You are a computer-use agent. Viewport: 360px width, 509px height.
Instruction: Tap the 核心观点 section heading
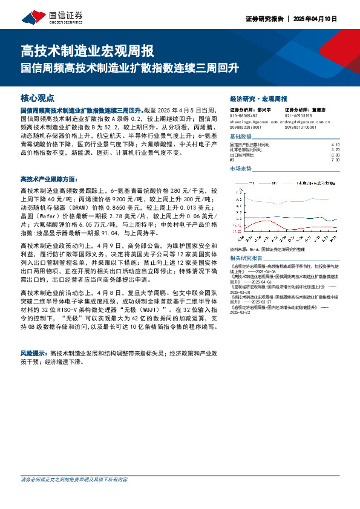click(38, 97)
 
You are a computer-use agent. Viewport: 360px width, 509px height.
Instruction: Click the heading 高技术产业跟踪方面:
click(49, 180)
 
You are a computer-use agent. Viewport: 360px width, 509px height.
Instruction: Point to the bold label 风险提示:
click(34, 352)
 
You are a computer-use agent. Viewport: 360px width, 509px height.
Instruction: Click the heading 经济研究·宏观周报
click(258, 98)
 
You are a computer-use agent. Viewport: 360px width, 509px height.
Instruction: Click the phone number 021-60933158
click(298, 115)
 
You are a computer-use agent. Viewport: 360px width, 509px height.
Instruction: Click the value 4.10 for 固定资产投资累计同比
click(336, 145)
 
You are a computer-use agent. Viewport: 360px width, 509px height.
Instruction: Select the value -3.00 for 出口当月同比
click(335, 155)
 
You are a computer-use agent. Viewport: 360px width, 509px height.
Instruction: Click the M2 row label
click(233, 160)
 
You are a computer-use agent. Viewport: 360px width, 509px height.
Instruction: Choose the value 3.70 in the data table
click(336, 150)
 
